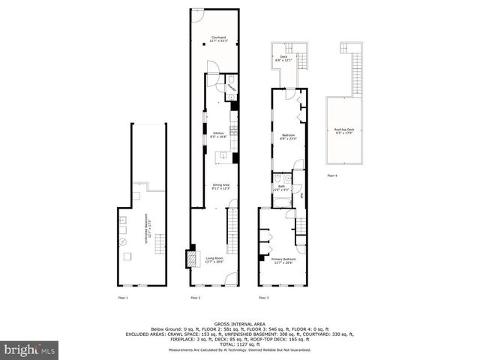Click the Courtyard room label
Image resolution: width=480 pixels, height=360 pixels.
[218, 38]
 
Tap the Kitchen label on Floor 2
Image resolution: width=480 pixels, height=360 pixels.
[218, 135]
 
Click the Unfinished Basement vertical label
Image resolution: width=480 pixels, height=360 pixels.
[147, 228]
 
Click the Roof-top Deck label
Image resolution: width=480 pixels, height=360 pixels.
[343, 131]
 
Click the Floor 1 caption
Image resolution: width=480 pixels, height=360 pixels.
[124, 298]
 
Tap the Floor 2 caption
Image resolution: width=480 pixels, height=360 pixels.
[195, 298]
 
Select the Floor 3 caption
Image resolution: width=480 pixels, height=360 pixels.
[264, 298]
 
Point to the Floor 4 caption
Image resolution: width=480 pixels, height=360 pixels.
[332, 175]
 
